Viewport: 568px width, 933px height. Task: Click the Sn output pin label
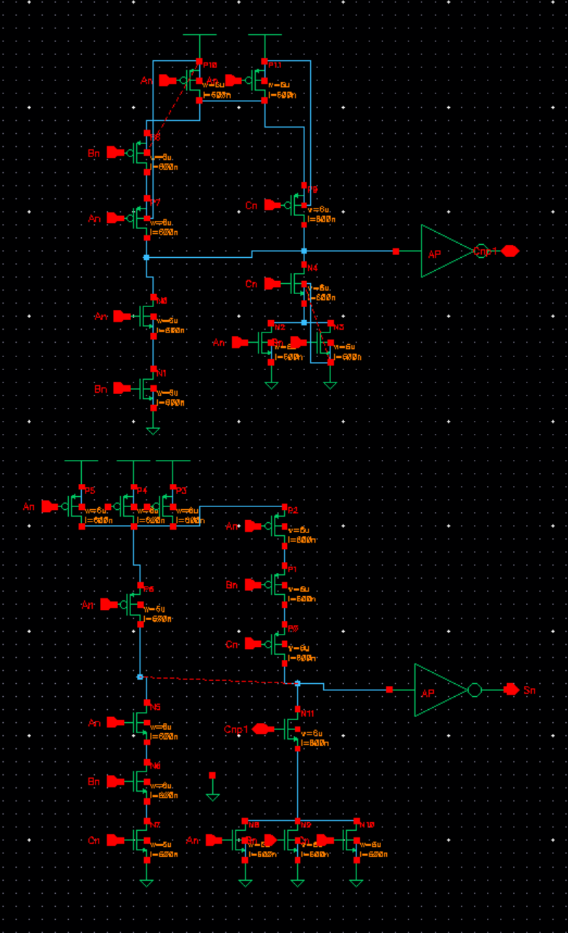(x=530, y=690)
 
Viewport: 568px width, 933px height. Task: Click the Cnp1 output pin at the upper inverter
(x=510, y=251)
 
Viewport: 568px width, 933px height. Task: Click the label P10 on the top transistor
(x=210, y=65)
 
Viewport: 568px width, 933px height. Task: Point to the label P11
(x=275, y=65)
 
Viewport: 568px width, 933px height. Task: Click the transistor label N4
(x=312, y=267)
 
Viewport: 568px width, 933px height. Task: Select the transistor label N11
(x=309, y=713)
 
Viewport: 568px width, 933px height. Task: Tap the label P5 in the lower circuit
(x=90, y=490)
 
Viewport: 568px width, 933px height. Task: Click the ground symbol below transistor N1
(x=153, y=430)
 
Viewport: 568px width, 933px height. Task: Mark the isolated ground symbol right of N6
(x=212, y=796)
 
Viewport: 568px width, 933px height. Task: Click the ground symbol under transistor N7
(x=147, y=882)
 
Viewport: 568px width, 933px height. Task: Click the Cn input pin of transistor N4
(x=272, y=284)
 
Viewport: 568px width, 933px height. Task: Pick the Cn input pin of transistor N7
(x=115, y=840)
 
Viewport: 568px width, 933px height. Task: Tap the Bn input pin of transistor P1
(x=253, y=584)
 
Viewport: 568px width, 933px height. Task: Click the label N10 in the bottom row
(x=367, y=825)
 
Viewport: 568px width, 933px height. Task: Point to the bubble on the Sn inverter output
(x=475, y=690)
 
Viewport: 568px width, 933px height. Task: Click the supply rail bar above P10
(x=199, y=34)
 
